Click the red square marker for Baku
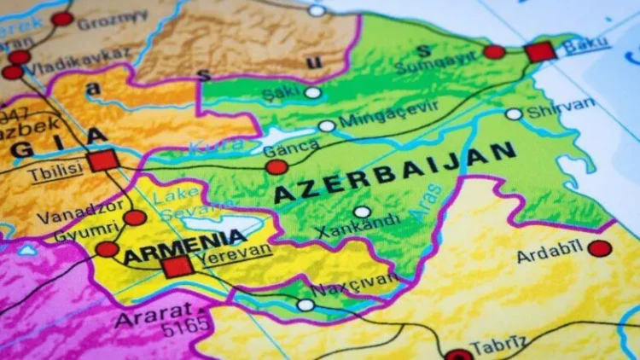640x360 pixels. pos(540,52)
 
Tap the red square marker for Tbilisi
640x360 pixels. pos(102,160)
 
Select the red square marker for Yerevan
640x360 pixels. pos(177,266)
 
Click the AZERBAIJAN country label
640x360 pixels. pos(395,171)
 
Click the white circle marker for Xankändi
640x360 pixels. pos(363,212)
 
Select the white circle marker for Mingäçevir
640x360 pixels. pos(327,125)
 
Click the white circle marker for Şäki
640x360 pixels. pos(313,92)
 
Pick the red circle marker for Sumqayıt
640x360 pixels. pos(494,52)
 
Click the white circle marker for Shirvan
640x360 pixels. pos(514,113)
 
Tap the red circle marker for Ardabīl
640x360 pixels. pos(600,248)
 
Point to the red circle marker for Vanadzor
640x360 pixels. pos(135,218)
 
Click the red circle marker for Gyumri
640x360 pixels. pos(107,249)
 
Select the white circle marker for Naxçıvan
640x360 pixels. pos(305,305)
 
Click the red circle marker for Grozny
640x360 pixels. pos(62,19)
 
